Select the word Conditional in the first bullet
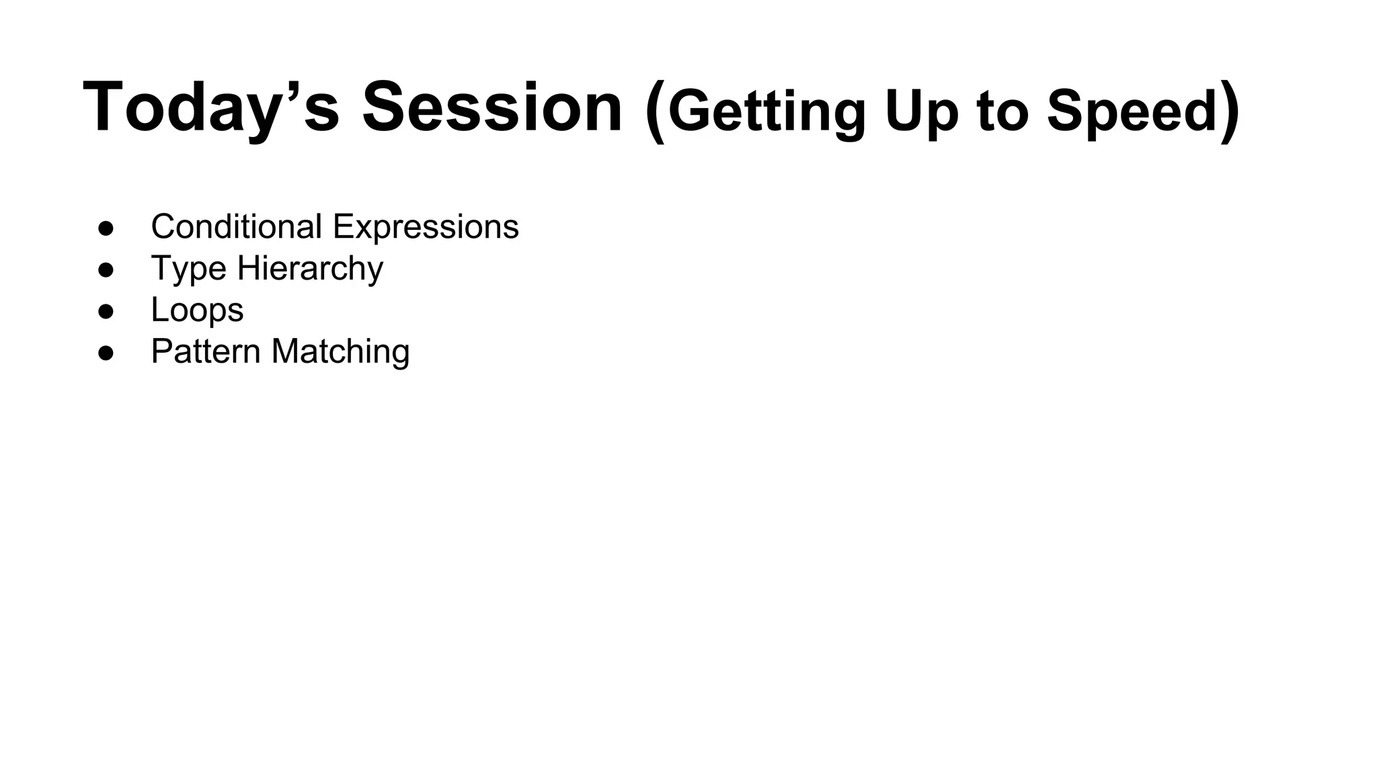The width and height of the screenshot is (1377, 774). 236,226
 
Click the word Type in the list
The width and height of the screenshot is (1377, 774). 188,269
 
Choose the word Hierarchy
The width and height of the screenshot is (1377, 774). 310,269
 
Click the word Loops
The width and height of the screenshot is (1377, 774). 197,310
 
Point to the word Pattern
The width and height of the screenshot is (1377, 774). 205,351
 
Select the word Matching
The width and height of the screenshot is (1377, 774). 340,352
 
